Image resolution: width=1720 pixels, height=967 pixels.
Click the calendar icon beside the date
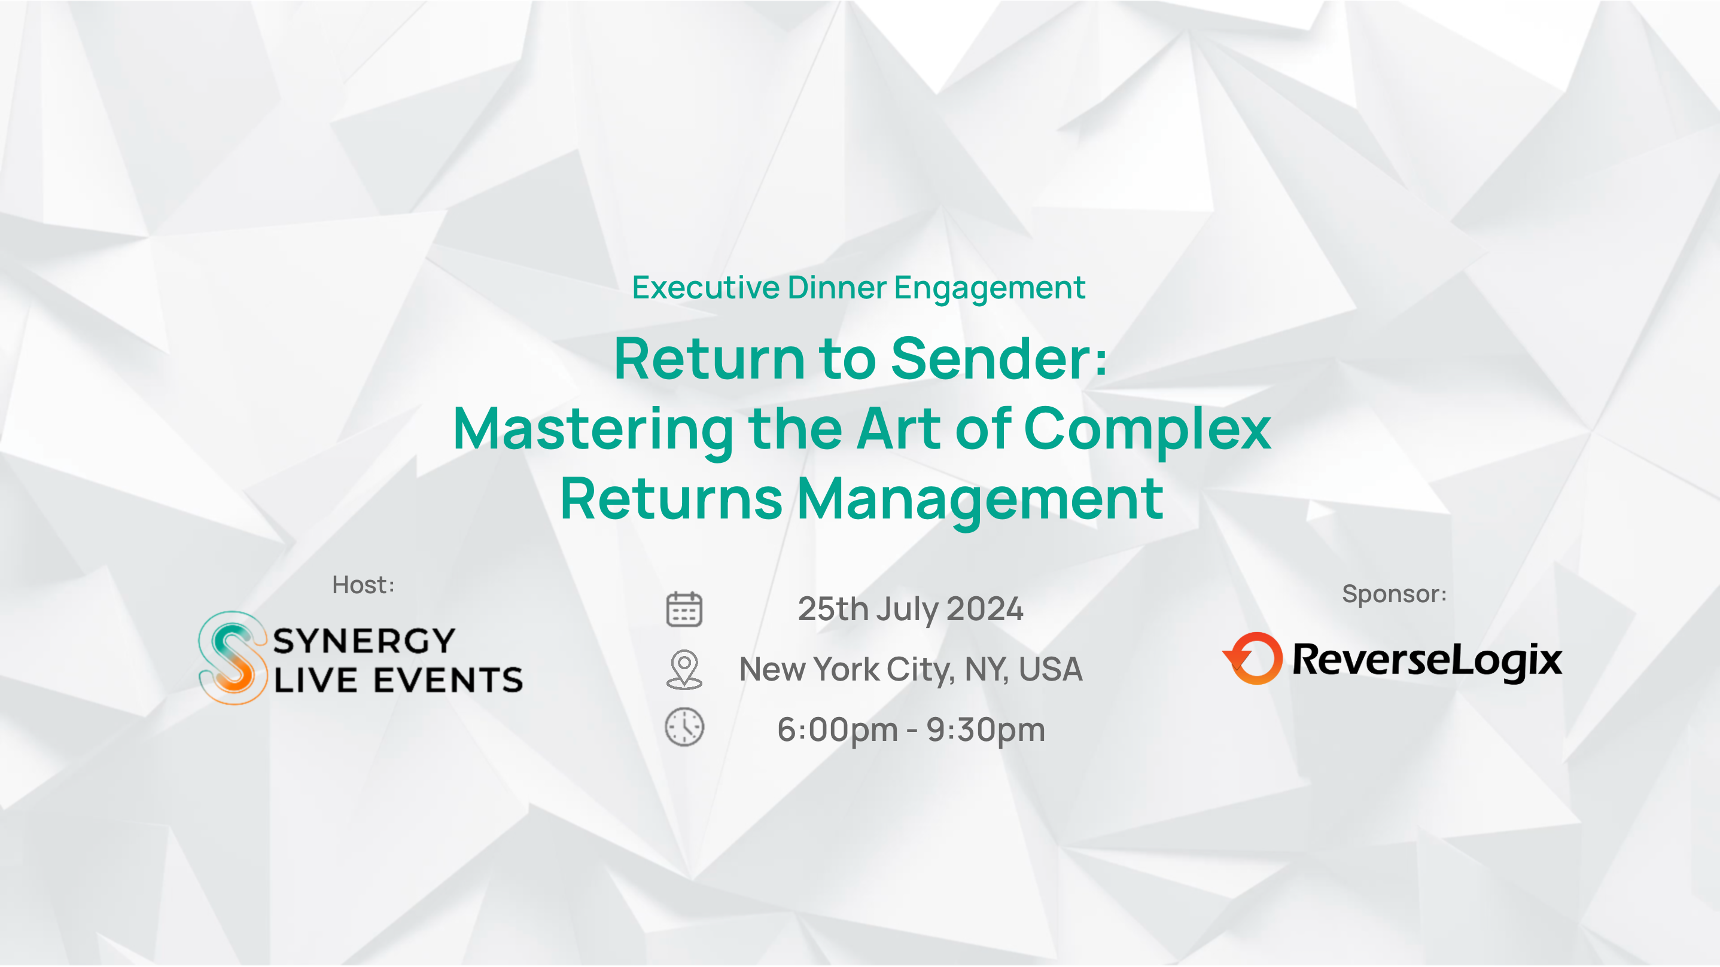(684, 609)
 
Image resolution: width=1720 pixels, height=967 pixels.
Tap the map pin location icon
(684, 669)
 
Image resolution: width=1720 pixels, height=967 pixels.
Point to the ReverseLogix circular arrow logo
(1253, 658)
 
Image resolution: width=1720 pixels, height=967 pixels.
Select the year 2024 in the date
(985, 609)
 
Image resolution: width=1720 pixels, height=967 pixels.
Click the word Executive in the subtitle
(706, 288)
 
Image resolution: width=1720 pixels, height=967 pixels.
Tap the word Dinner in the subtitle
(838, 288)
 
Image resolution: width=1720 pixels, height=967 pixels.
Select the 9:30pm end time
(985, 730)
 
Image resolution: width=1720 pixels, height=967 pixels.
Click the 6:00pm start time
(838, 730)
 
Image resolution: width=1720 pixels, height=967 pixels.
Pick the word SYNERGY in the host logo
(364, 640)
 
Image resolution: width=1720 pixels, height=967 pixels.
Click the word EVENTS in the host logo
(448, 681)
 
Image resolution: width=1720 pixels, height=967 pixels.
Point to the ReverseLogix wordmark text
(1427, 660)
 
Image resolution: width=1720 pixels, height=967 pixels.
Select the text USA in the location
(1051, 669)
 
